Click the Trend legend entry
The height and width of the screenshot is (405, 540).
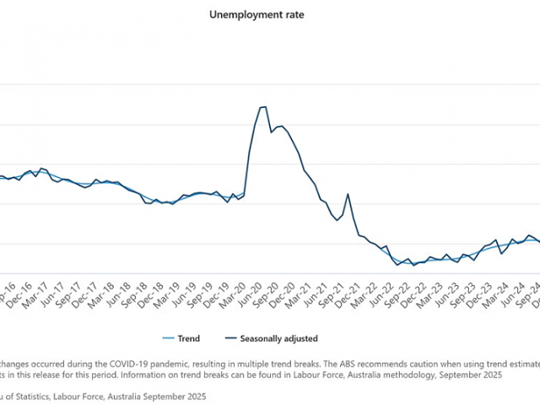[188, 338]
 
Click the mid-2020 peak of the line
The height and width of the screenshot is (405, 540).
[262, 107]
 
